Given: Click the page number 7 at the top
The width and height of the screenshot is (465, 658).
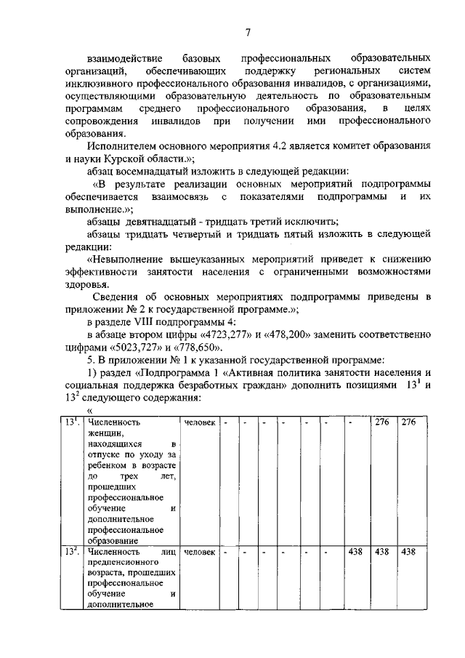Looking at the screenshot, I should click(247, 31).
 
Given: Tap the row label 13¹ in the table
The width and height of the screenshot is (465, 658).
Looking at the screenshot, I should click(71, 422).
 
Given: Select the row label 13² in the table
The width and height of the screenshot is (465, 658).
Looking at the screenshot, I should click(71, 552).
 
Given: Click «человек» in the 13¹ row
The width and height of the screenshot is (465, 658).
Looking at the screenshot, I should click(199, 423).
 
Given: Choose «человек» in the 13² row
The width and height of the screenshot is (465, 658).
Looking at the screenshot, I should click(199, 553).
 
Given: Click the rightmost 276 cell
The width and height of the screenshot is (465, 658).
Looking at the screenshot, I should click(408, 423).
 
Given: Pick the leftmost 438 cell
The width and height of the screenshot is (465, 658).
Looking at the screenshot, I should click(355, 553).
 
